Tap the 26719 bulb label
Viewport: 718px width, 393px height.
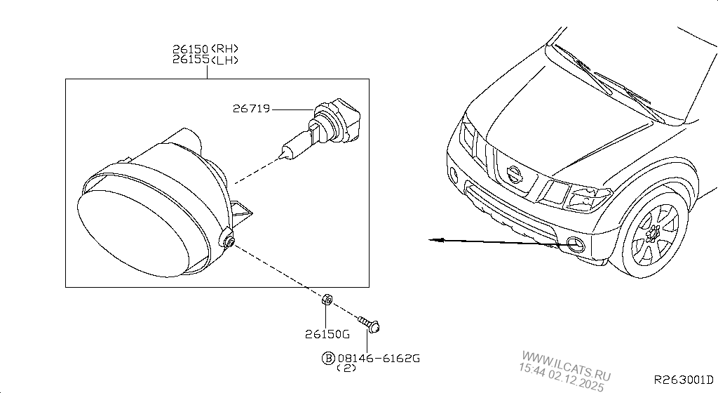pos(252,109)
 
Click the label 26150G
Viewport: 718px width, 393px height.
pos(327,335)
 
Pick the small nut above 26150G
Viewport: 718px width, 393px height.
pos(326,300)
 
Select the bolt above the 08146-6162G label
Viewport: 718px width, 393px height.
pos(369,324)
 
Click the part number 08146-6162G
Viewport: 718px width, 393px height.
pos(379,358)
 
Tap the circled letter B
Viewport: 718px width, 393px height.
pos(328,358)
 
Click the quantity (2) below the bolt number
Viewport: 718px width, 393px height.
pos(346,368)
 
